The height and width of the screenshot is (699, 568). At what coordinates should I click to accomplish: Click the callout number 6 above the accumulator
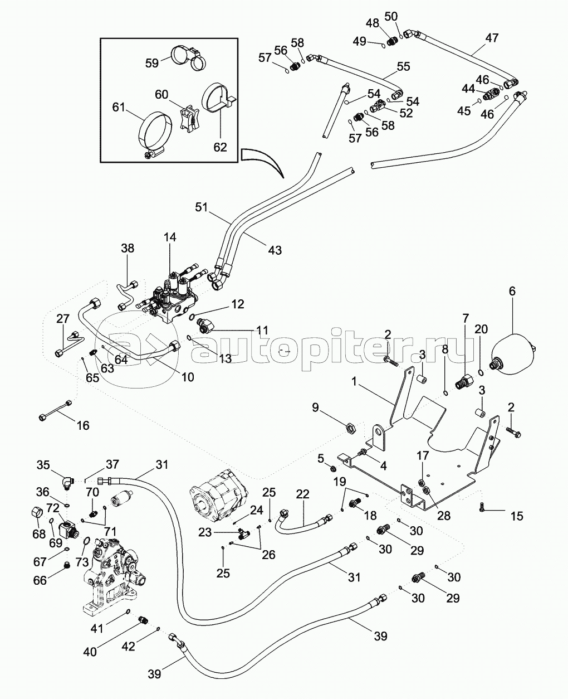512,292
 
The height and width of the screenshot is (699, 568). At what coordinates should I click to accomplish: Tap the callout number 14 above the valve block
170,237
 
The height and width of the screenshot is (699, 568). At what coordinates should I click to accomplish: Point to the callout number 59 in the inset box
152,63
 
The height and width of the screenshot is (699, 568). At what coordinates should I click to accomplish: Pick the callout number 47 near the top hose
492,38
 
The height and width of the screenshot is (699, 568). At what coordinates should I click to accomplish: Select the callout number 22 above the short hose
302,494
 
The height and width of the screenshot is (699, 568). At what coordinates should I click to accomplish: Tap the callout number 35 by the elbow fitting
43,465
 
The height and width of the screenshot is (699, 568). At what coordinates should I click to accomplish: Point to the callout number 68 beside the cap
38,534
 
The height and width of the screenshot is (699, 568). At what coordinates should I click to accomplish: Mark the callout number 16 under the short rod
82,426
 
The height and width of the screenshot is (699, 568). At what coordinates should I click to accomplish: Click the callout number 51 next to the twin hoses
202,207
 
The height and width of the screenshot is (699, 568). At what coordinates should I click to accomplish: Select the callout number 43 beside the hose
275,251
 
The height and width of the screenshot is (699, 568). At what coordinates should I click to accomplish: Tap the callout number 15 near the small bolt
517,516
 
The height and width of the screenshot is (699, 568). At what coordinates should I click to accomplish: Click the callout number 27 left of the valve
63,319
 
